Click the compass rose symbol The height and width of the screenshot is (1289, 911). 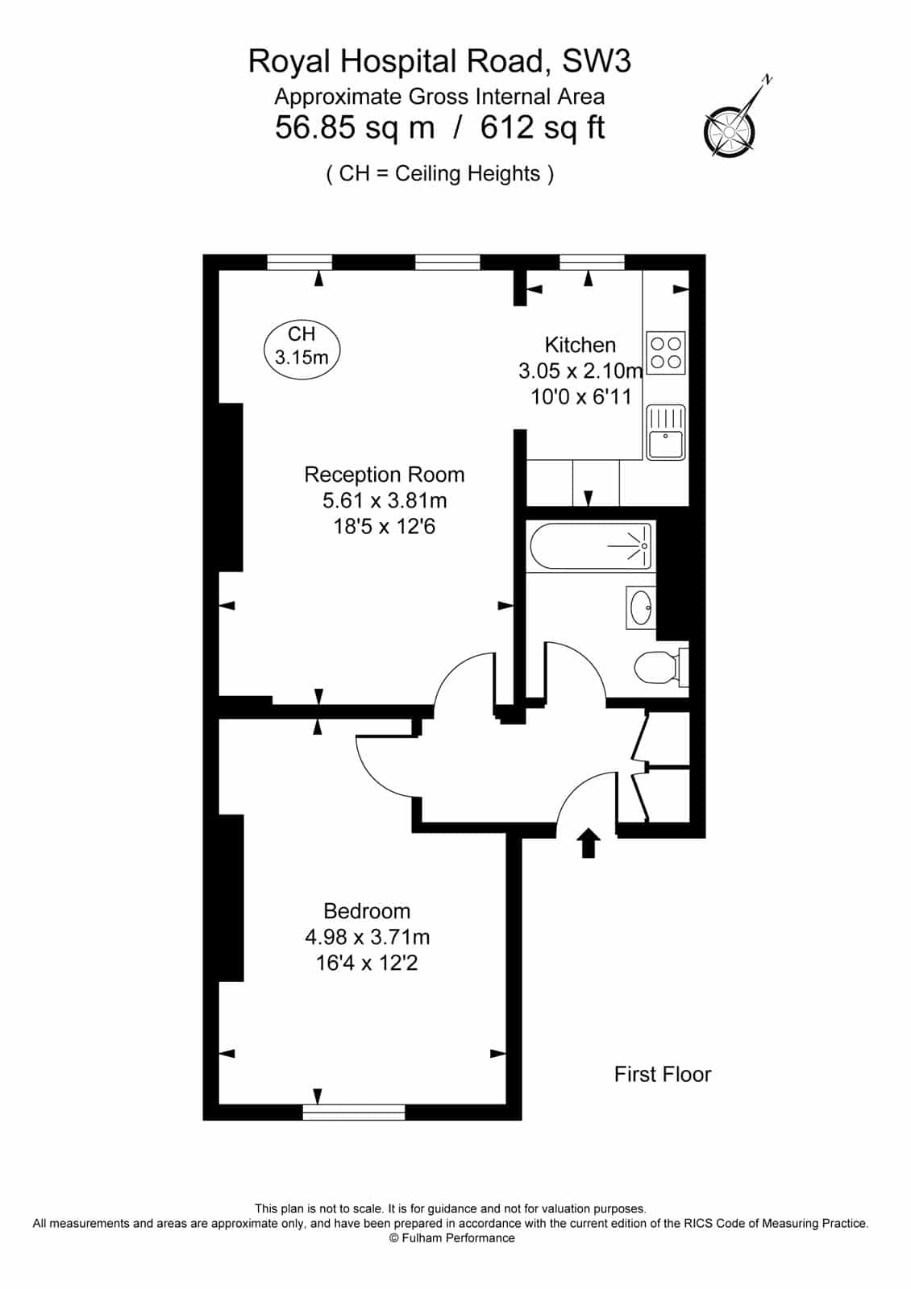729,131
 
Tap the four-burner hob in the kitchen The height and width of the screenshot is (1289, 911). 666,353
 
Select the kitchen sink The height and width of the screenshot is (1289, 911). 666,433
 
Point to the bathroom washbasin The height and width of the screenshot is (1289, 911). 640,607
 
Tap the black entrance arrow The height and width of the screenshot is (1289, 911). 588,843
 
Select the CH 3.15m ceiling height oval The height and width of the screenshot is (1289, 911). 302,350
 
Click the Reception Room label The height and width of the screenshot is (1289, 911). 384,475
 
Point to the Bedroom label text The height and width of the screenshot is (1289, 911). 367,911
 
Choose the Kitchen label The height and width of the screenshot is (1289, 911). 580,345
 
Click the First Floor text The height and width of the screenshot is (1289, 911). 663,1075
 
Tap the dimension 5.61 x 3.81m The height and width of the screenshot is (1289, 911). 385,500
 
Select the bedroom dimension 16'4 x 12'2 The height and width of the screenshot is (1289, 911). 367,963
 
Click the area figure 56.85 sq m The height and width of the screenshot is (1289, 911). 355,128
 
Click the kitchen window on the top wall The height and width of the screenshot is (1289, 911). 592,263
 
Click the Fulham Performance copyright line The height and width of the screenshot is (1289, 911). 452,1237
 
